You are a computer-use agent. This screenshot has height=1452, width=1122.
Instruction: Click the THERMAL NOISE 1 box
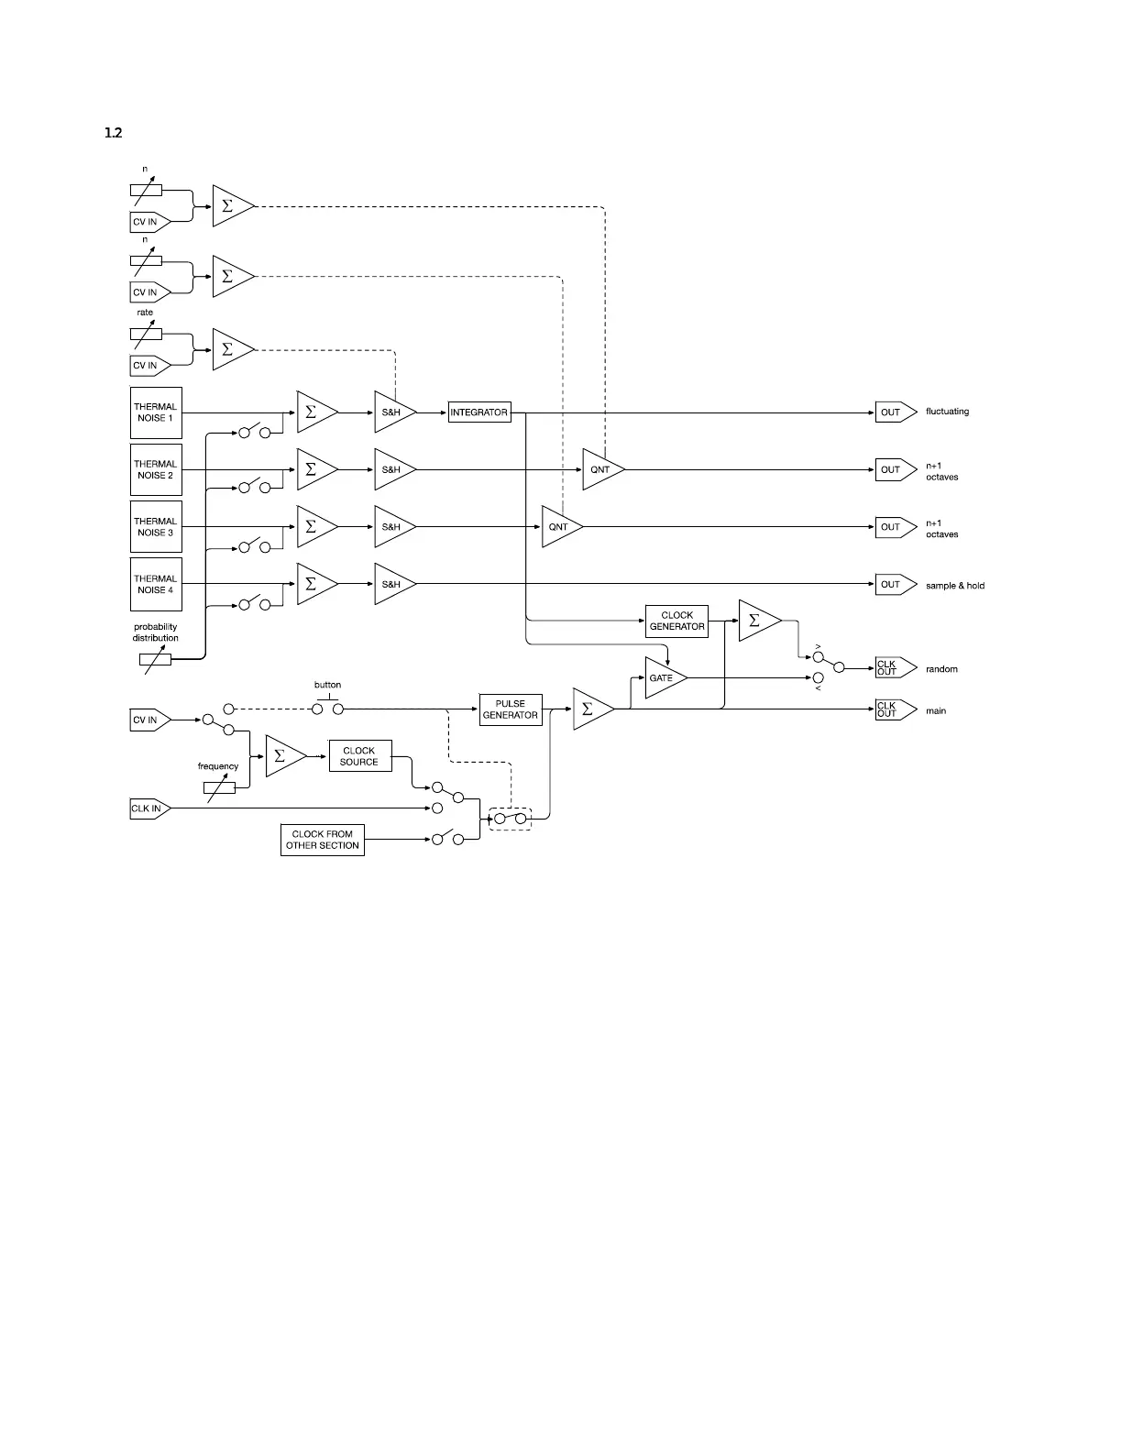point(156,412)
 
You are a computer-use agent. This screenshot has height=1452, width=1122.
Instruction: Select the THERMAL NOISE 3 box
point(156,527)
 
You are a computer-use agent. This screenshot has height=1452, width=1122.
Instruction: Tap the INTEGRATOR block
point(478,412)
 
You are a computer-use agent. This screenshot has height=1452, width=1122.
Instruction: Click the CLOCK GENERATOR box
point(676,621)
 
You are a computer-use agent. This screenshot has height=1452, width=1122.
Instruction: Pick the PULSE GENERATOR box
point(510,709)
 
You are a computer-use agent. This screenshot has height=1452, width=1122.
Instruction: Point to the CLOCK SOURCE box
point(359,756)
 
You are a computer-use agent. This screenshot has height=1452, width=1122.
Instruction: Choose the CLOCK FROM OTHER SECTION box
point(322,840)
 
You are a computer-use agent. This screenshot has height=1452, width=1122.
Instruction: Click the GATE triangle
point(663,678)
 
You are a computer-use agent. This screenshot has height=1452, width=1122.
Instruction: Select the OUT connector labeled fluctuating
point(894,412)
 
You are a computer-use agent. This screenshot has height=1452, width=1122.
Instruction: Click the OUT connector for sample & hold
point(894,584)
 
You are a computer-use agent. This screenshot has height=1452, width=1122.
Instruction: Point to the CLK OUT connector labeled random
point(894,668)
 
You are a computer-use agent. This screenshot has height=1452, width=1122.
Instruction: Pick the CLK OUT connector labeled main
point(894,709)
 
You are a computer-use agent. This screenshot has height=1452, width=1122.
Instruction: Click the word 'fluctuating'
point(947,412)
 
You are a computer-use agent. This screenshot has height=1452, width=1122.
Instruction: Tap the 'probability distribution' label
point(156,632)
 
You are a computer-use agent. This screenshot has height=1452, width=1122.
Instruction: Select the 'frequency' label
point(218,766)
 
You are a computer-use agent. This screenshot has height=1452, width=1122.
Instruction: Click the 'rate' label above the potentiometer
point(145,313)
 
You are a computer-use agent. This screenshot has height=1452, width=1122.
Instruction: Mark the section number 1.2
point(114,133)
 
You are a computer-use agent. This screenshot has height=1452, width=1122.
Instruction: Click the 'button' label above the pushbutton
point(327,685)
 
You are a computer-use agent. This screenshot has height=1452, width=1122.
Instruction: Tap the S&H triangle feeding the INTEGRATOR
point(392,412)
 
